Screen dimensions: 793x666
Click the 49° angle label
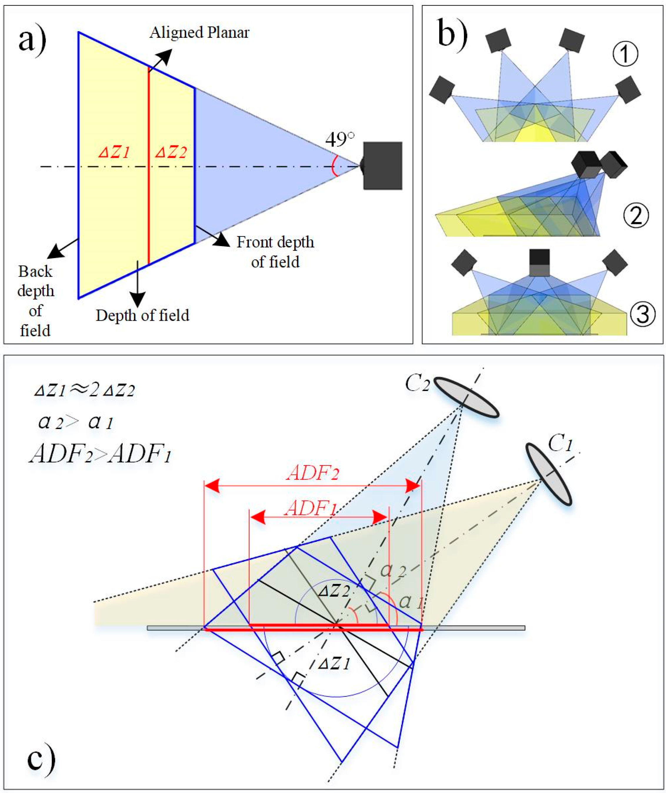339,140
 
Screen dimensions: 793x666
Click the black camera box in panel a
382,166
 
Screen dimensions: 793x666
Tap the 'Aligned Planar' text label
199,33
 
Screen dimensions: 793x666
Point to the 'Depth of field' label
142,315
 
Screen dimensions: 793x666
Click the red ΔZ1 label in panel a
114,153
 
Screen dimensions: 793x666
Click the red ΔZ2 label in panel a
171,153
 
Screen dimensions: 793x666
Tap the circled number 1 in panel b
625,54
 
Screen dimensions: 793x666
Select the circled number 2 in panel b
636,216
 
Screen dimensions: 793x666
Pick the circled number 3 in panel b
642,314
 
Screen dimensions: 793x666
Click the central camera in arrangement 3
540,263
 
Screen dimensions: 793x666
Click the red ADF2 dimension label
312,473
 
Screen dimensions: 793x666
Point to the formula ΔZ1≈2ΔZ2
84,390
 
